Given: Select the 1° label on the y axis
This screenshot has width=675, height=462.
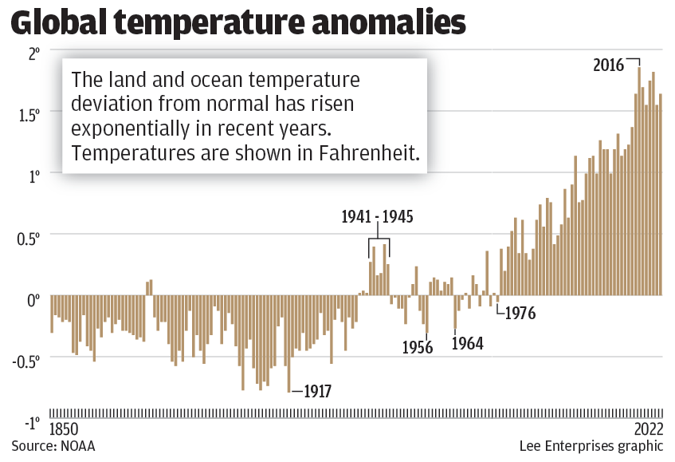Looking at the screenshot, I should [x=33, y=176].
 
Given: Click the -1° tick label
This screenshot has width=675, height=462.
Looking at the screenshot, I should [x=30, y=421].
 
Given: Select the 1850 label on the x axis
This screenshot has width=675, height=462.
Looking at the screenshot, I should [x=66, y=428].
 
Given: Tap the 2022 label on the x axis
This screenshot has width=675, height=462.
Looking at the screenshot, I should [x=648, y=428].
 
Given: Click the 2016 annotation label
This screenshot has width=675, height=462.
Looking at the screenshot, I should [x=609, y=65].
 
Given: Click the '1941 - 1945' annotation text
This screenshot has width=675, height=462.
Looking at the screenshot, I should [x=378, y=217].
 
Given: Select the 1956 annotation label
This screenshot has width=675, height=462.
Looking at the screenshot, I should [x=418, y=347].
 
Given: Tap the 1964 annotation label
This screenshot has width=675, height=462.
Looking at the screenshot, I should [x=468, y=343].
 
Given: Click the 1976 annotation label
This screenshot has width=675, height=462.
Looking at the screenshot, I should [x=520, y=313].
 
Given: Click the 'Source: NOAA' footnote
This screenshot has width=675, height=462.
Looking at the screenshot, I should [x=53, y=445].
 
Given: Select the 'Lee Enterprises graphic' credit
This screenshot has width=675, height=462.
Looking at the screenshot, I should [x=591, y=445].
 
